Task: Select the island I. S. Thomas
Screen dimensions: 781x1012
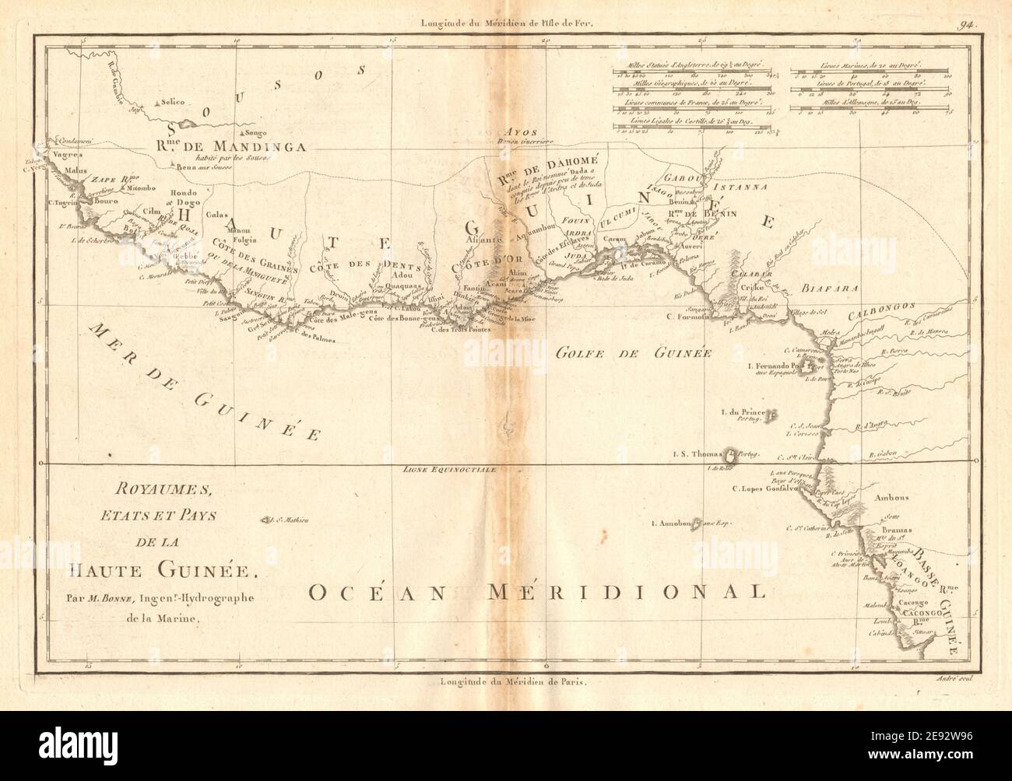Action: [x=732, y=453]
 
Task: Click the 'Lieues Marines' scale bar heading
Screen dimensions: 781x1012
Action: [x=870, y=67]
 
